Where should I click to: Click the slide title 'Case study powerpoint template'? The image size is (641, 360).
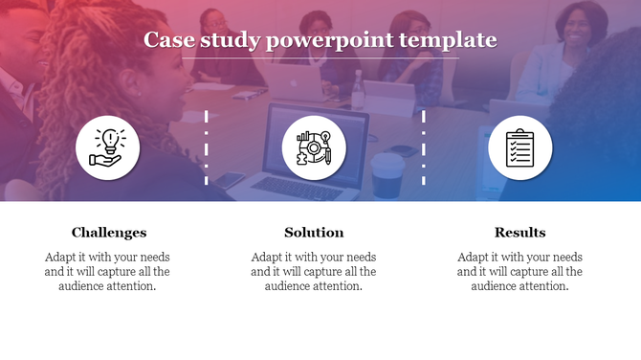pyautogui.click(x=320, y=40)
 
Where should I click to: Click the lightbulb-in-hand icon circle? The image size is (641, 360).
pyautogui.click(x=108, y=147)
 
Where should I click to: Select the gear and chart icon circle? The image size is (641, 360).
pyautogui.click(x=314, y=147)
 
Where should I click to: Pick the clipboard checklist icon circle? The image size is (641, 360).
pyautogui.click(x=520, y=147)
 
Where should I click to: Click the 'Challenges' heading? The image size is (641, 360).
pyautogui.click(x=108, y=232)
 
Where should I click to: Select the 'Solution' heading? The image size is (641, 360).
pyautogui.click(x=314, y=232)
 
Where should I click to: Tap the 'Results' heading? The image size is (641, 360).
pyautogui.click(x=519, y=232)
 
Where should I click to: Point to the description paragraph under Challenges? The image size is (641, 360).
pyautogui.click(x=107, y=272)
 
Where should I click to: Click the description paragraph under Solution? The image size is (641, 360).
pyautogui.click(x=314, y=272)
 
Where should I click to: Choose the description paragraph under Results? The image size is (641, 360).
pyautogui.click(x=519, y=272)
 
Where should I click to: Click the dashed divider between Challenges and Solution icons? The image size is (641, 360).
pyautogui.click(x=207, y=147)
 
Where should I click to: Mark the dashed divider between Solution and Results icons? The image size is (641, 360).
pyautogui.click(x=424, y=147)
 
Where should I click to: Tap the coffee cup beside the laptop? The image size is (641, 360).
pyautogui.click(x=387, y=174)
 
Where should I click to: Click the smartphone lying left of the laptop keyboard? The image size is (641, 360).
pyautogui.click(x=230, y=179)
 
